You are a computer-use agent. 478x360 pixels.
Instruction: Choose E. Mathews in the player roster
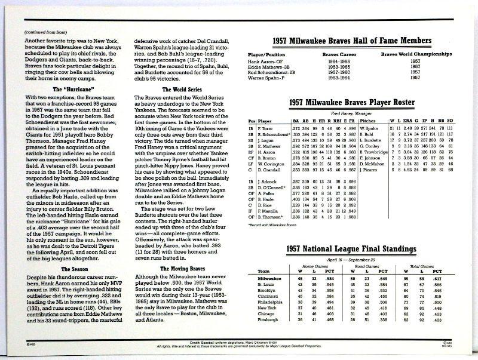coord(266,146)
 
